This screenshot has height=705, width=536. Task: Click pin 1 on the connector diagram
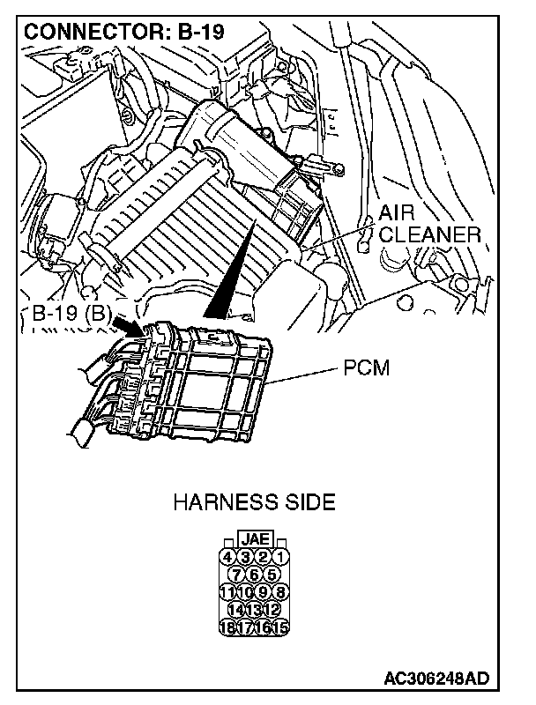[x=279, y=556]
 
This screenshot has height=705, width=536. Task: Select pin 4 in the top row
[x=227, y=556]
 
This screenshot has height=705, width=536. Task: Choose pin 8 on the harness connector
[x=279, y=591]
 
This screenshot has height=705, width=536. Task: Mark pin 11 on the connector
[x=227, y=591]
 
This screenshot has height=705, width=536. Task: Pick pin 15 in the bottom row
[x=279, y=627]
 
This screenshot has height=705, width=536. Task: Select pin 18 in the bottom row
[x=227, y=627]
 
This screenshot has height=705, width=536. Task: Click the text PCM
[x=364, y=367]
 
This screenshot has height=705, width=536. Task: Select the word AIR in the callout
[x=396, y=214]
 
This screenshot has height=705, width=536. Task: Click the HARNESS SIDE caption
[x=254, y=503]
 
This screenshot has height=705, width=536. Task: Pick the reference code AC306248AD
[x=436, y=679]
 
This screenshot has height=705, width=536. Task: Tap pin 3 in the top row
[x=245, y=556]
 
